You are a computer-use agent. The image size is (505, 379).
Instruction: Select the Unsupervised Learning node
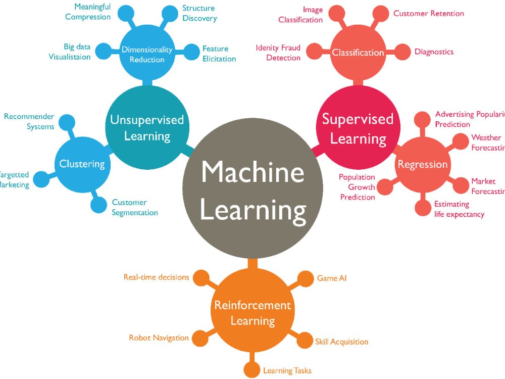click(x=147, y=127)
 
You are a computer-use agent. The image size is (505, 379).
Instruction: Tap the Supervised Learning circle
click(x=358, y=128)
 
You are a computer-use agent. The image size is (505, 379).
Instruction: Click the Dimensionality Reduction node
click(x=147, y=55)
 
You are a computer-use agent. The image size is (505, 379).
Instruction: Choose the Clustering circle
click(x=82, y=163)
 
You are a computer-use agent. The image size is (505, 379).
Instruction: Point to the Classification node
click(x=358, y=52)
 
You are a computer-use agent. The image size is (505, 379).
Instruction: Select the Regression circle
click(x=422, y=164)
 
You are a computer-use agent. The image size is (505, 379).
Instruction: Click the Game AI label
click(x=331, y=278)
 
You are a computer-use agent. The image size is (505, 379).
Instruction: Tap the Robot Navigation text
click(x=159, y=338)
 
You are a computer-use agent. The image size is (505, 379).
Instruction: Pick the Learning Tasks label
click(x=287, y=370)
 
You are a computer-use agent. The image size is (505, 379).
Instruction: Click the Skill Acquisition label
click(x=341, y=342)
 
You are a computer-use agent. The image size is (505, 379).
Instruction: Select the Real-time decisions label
click(x=156, y=277)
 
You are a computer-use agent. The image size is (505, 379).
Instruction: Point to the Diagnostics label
click(x=434, y=52)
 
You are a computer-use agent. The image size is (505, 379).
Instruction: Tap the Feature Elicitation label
click(x=219, y=54)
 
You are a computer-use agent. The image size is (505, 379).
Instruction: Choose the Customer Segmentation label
click(x=134, y=208)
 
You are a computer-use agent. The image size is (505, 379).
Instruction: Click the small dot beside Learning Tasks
click(x=251, y=369)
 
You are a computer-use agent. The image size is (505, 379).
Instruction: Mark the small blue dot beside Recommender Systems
click(x=67, y=122)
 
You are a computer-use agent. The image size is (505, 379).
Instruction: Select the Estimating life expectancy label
click(x=459, y=209)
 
